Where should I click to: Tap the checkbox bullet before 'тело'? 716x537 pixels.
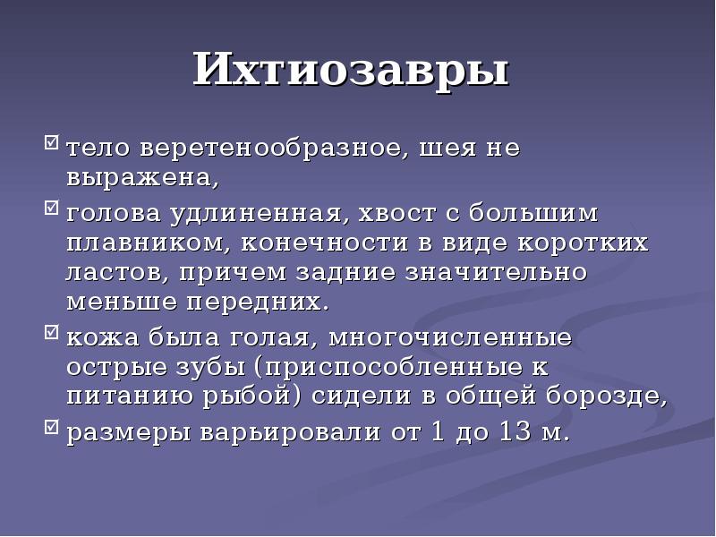point(51,142)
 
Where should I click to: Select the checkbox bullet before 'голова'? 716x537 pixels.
point(51,211)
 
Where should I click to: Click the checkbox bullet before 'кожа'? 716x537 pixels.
point(51,335)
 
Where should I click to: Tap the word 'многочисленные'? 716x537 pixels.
point(450,338)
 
